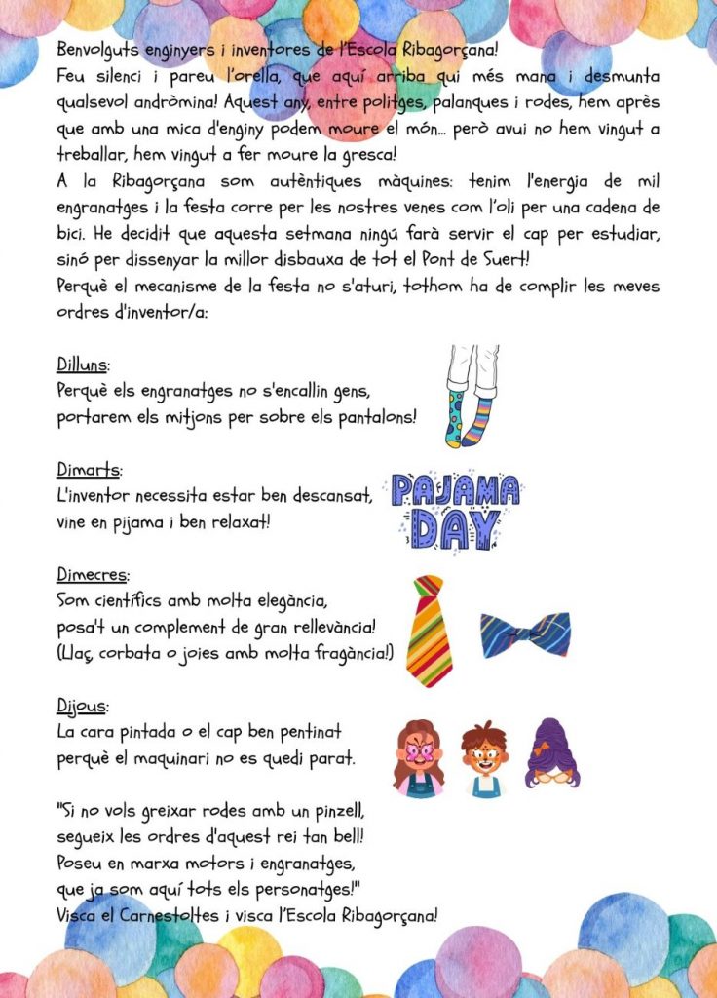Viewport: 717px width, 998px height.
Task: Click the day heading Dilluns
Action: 83,365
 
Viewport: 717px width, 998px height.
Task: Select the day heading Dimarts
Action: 87,470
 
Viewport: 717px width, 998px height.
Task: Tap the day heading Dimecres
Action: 93,574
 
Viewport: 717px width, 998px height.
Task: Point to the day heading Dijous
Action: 82,705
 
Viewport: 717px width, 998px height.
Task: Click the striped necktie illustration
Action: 430,630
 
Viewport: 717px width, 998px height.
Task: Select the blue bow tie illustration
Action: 524,634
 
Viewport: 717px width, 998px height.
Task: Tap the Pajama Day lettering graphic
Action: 455,508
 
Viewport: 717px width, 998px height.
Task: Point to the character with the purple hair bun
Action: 552,753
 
